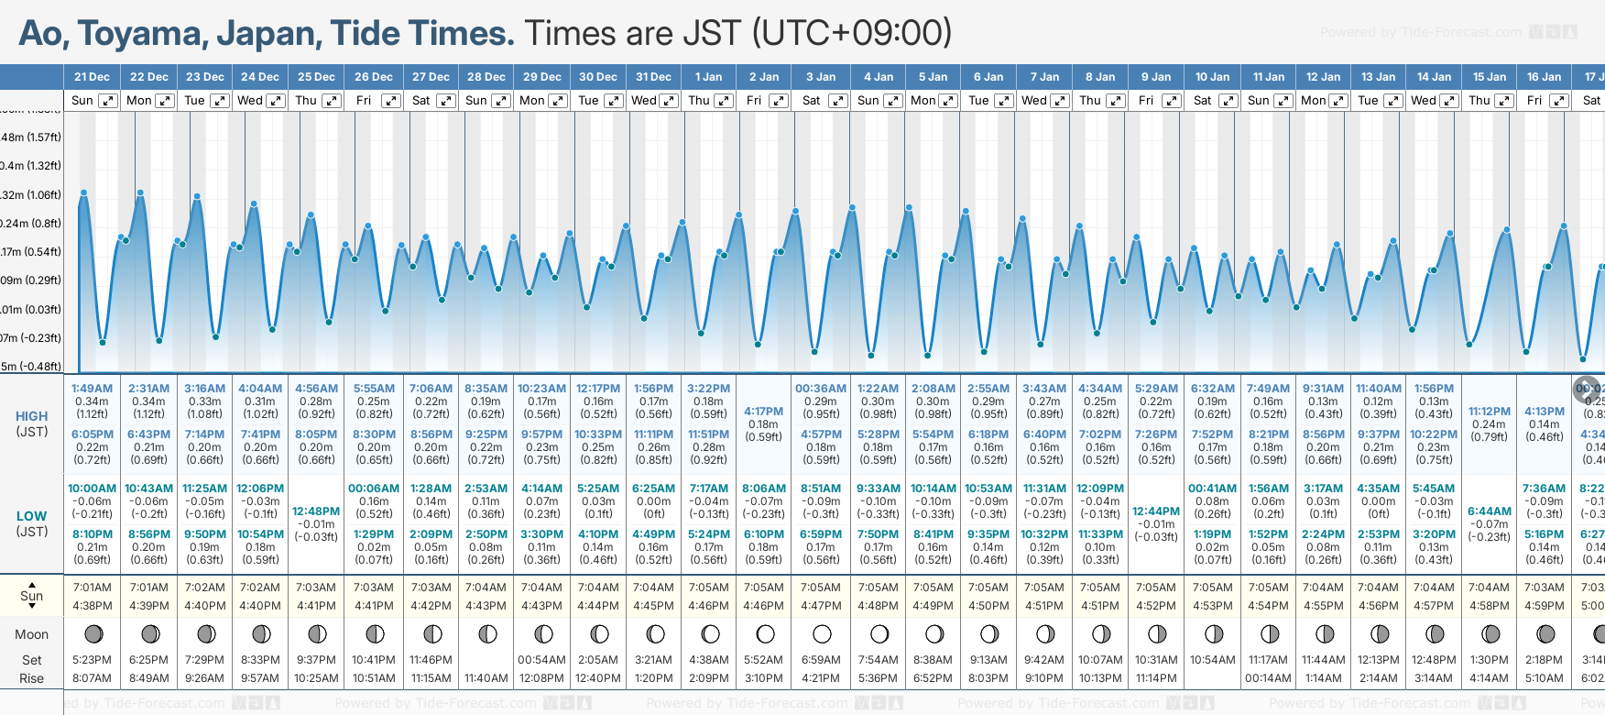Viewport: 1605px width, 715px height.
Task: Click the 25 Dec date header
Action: coord(316,77)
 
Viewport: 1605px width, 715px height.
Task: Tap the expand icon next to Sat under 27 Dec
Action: coord(447,101)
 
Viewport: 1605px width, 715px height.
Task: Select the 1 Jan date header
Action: coord(708,77)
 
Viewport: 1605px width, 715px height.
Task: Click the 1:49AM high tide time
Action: coord(92,389)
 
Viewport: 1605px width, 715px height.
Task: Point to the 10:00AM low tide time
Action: coord(93,489)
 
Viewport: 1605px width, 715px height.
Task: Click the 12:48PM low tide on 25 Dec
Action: coord(316,511)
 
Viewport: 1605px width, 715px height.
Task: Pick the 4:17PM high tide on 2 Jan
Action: coord(763,412)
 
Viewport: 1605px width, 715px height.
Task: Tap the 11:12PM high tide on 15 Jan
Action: coord(1489,412)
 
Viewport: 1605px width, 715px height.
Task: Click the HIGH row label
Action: coord(32,416)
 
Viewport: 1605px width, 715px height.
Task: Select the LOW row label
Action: coord(32,516)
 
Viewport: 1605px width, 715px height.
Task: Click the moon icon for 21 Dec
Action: coord(93,633)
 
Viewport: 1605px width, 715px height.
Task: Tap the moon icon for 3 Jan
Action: coord(822,633)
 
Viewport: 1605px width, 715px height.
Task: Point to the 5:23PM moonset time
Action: coord(92,660)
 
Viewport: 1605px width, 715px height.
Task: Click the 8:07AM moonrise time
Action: coord(92,678)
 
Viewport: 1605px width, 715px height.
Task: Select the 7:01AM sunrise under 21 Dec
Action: coord(93,588)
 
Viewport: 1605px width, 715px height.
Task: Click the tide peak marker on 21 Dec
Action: coord(83,193)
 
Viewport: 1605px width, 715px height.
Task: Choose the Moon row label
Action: coord(32,634)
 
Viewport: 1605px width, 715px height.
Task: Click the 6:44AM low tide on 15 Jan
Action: coord(1489,511)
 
